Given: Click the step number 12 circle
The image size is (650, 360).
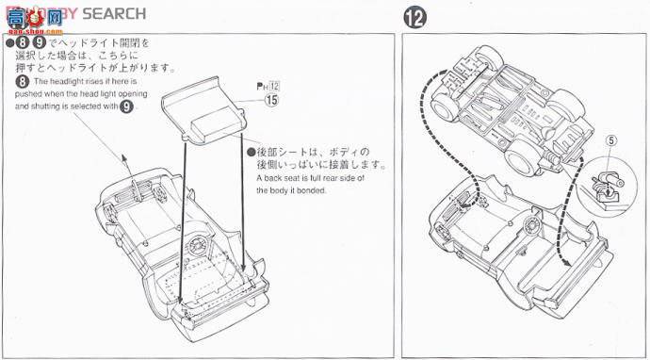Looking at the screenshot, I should click(x=414, y=17).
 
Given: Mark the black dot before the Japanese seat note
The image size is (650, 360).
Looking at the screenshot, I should click(x=249, y=151).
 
